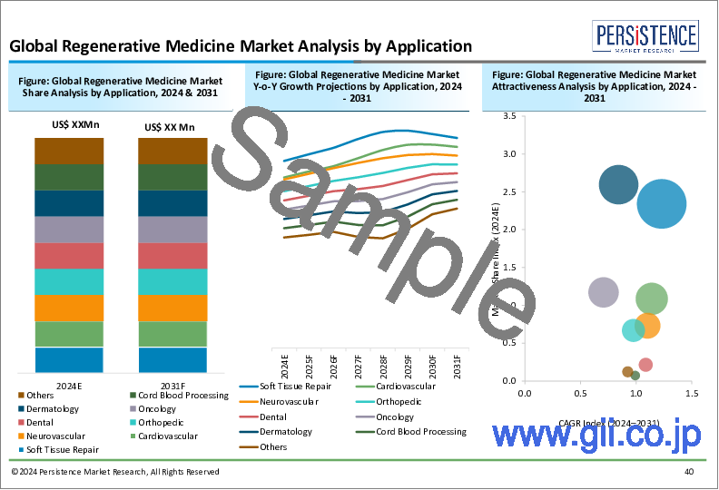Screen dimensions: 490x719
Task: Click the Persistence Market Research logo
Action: pyautogui.click(x=645, y=38)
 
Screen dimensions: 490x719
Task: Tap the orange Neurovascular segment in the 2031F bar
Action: pyautogui.click(x=172, y=309)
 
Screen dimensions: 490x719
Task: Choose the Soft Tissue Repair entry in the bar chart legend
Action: pyautogui.click(x=63, y=449)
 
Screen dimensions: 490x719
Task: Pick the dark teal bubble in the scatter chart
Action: pyautogui.click(x=620, y=185)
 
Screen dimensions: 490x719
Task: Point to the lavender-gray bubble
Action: pyautogui.click(x=605, y=292)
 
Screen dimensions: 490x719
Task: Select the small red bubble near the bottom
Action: pyautogui.click(x=645, y=365)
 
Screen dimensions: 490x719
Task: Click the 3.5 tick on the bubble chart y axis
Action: pyautogui.click(x=510, y=116)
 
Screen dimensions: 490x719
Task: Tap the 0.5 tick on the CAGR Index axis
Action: pyautogui.click(x=579, y=394)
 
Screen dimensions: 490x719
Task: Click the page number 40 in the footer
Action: pyautogui.click(x=689, y=473)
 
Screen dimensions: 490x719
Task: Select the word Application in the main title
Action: pyautogui.click(x=419, y=45)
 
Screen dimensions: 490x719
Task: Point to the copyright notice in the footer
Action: pyautogui.click(x=115, y=473)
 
